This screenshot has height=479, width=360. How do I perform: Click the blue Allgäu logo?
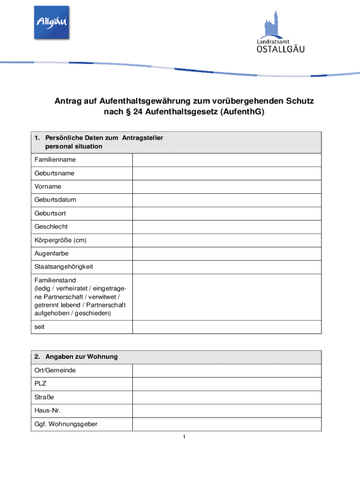[51, 22]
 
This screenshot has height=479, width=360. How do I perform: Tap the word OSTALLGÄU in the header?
[281, 49]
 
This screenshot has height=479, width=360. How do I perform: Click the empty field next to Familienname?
[227, 160]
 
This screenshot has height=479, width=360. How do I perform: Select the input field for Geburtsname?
[227, 173]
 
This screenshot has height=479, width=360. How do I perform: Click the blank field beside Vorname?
[227, 187]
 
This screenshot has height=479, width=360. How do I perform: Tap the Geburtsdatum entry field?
[227, 200]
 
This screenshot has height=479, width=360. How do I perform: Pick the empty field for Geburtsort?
[227, 213]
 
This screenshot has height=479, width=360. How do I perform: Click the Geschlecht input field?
[227, 227]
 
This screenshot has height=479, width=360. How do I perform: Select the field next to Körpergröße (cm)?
[227, 240]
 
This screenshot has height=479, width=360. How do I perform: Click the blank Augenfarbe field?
[227, 254]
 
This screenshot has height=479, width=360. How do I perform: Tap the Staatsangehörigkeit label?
[64, 267]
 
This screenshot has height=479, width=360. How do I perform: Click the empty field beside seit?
[227, 327]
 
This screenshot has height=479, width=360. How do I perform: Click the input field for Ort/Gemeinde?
[227, 370]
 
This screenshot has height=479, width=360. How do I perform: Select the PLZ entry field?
[227, 384]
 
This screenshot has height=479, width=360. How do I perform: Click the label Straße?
[44, 398]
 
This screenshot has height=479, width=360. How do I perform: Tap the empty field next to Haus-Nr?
[227, 411]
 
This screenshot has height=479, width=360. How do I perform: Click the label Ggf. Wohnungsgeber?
[66, 424]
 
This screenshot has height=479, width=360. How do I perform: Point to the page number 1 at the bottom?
[185, 437]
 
